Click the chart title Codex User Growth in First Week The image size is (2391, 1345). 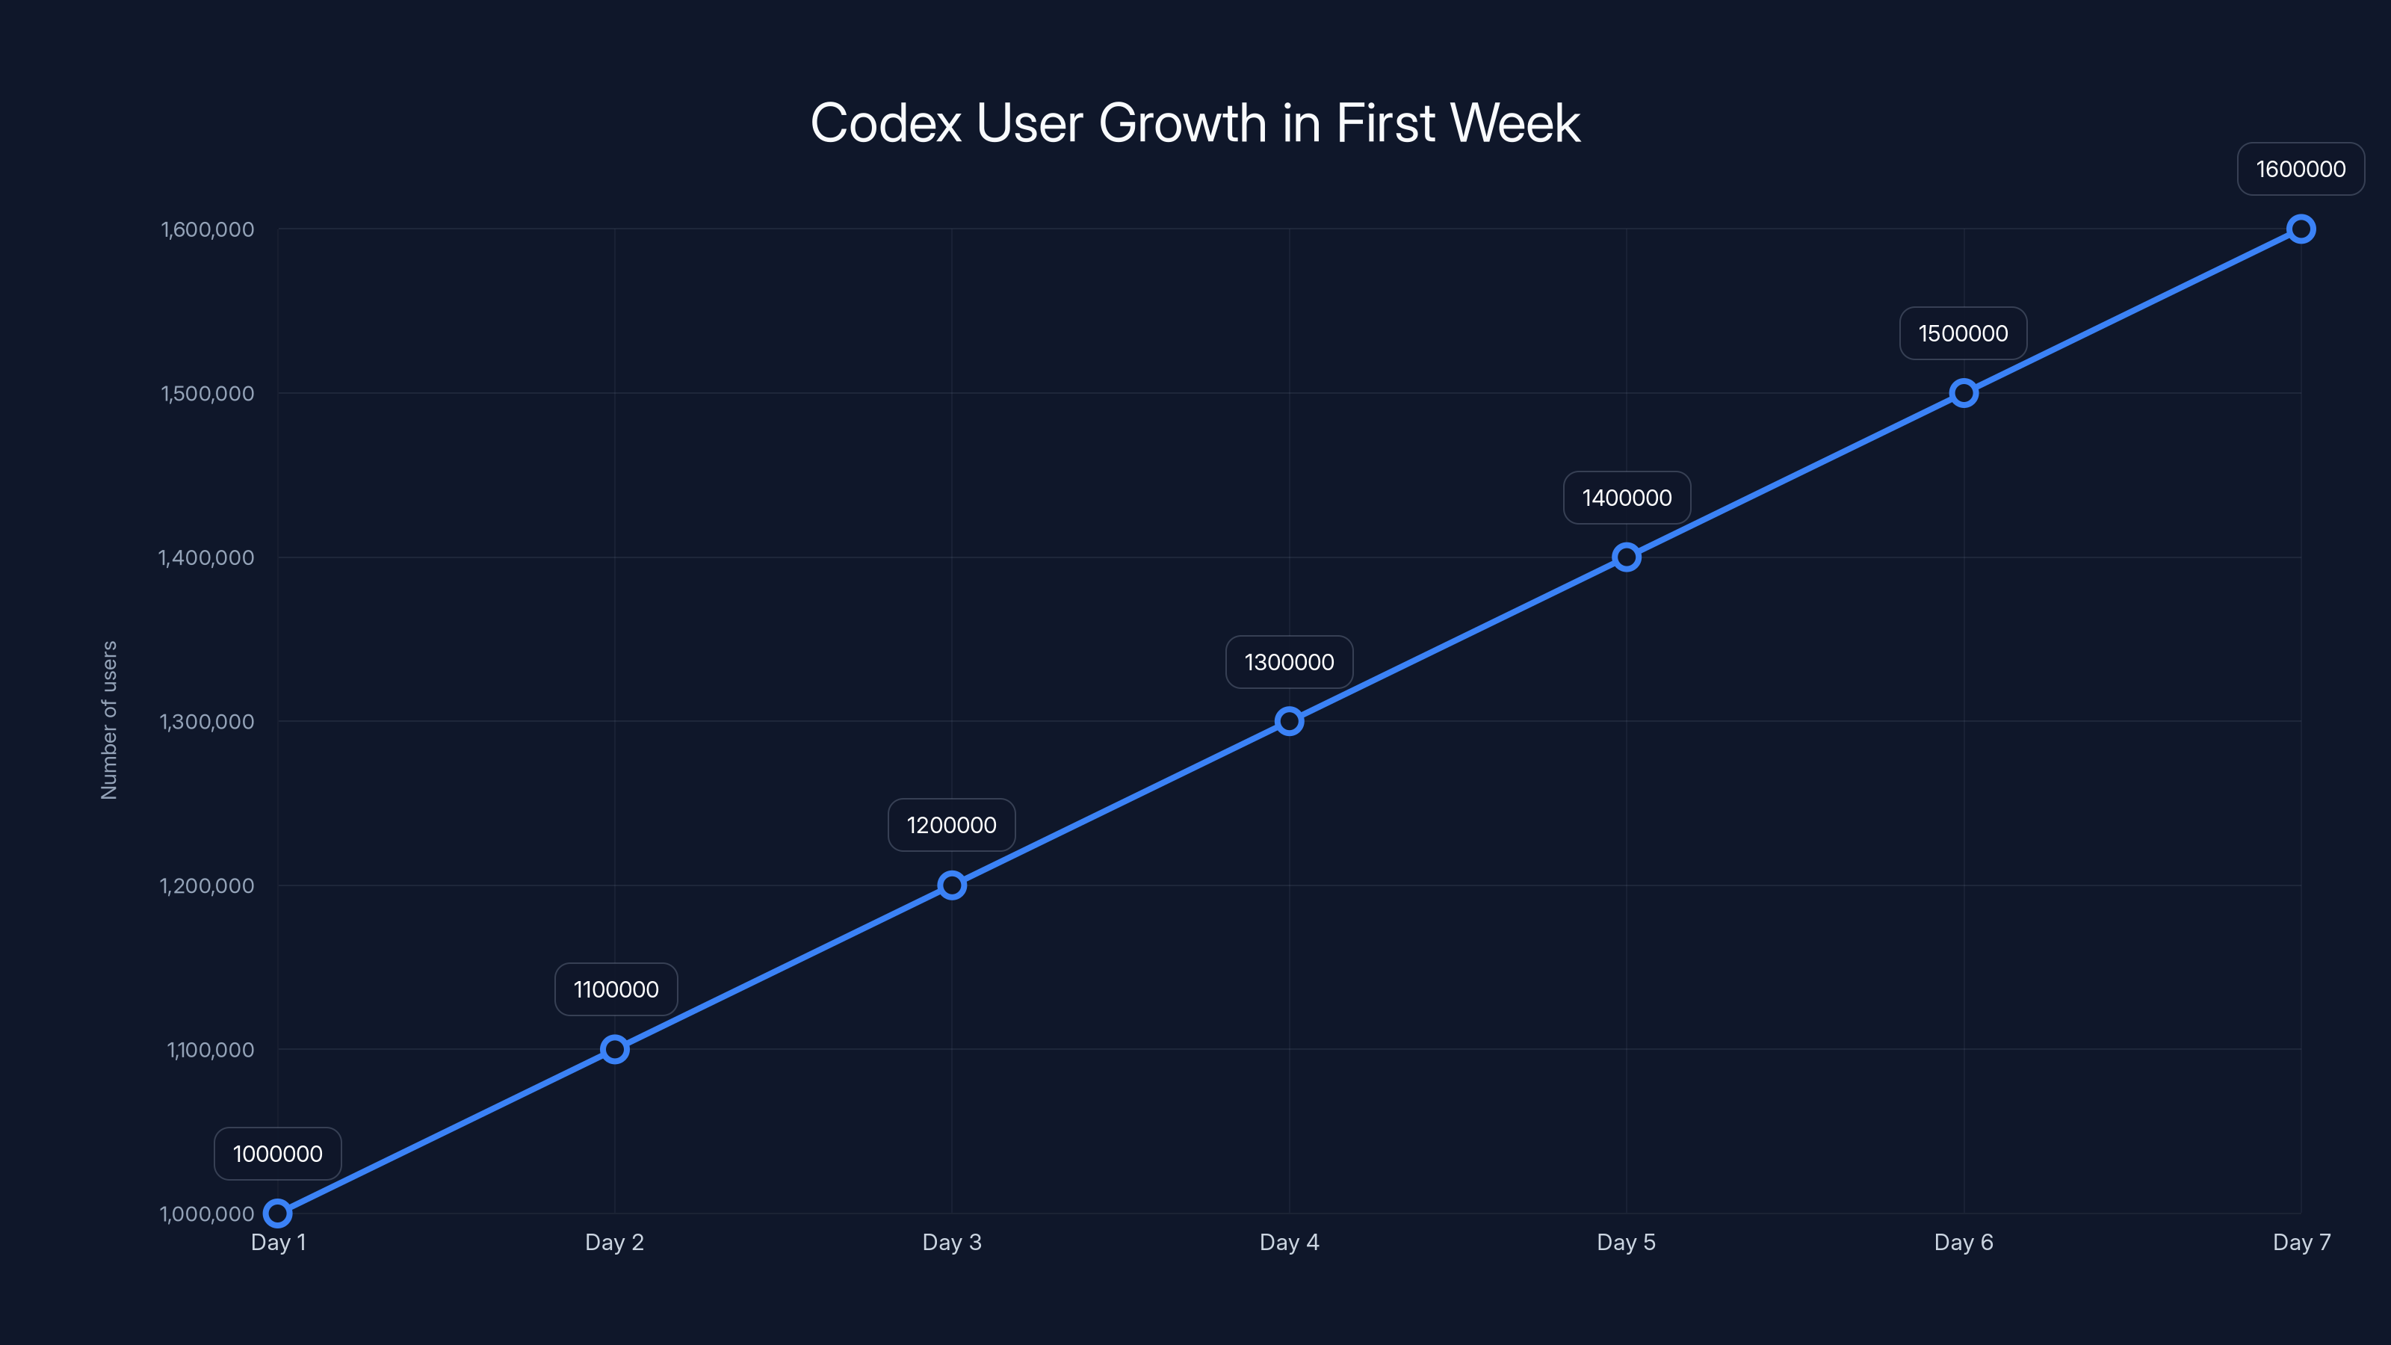1195,123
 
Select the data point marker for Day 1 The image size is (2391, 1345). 277,1213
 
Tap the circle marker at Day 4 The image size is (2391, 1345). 1288,721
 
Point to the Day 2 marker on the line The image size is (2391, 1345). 614,1049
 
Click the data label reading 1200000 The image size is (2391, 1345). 951,825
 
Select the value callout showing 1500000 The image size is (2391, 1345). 1962,333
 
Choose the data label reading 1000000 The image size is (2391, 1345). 277,1154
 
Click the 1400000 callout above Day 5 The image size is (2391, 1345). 1626,498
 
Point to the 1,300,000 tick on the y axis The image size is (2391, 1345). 207,722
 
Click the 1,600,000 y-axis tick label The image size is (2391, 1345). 207,229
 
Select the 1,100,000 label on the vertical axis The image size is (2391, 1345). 210,1050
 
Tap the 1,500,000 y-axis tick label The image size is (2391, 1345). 207,394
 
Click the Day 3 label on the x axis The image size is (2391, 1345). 951,1242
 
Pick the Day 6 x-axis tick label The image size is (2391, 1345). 1963,1242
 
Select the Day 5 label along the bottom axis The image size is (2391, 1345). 1625,1242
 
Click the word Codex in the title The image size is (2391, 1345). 885,123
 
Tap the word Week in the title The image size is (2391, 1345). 1515,123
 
